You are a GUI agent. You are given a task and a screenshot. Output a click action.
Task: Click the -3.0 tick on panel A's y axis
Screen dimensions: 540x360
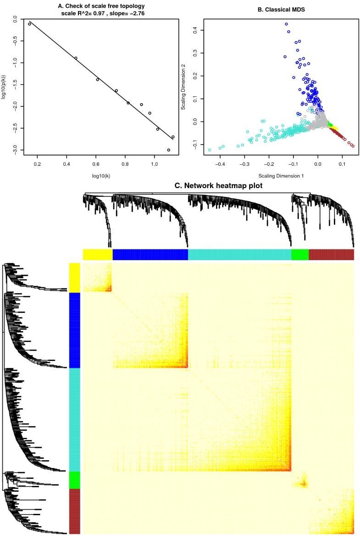15,150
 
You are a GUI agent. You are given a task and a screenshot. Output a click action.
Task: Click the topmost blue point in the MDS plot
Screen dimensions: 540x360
286,24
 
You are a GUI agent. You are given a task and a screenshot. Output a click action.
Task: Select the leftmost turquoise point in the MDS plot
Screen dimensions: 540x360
210,150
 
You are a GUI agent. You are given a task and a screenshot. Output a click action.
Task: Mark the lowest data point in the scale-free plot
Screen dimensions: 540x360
169,150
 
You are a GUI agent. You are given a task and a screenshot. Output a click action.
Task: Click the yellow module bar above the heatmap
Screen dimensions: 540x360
98,255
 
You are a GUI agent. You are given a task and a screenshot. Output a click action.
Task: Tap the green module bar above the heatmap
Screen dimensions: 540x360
300,255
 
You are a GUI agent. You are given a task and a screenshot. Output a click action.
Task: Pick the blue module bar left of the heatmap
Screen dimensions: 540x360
74,330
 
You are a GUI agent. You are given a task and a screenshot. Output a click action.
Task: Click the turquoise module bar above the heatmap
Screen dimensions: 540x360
240,255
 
